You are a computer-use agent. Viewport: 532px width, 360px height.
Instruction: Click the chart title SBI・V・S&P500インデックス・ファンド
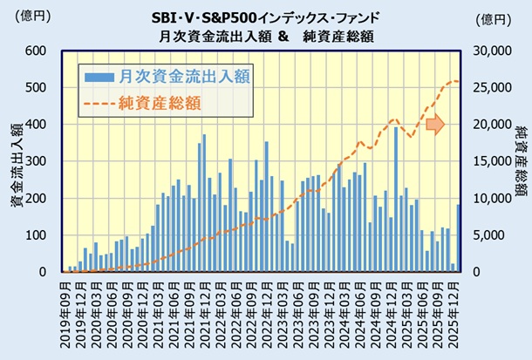pyautogui.click(x=266, y=17)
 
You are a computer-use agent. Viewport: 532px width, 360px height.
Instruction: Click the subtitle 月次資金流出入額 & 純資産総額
pyautogui.click(x=266, y=36)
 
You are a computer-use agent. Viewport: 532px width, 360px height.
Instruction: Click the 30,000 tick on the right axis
pyautogui.click(x=490, y=51)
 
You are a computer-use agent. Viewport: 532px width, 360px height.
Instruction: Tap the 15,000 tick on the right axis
pyautogui.click(x=490, y=161)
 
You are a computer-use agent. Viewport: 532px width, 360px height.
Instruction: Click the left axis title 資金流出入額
pyautogui.click(x=16, y=161)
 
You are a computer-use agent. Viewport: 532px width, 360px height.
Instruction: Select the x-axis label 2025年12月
pyautogui.click(x=456, y=314)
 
